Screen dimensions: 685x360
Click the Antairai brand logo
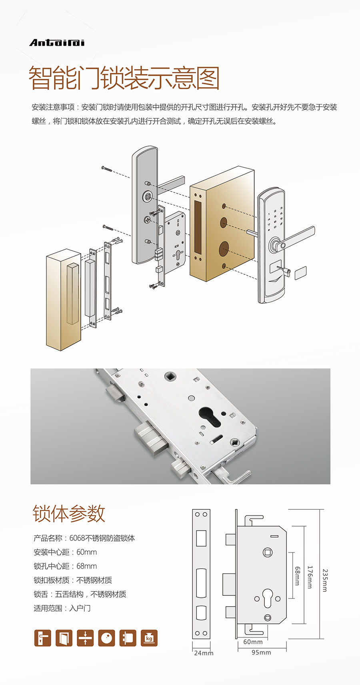[x=57, y=43]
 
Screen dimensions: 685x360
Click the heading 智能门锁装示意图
[x=124, y=78]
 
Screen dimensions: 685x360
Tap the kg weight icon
[x=149, y=638]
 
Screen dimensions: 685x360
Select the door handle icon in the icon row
[x=43, y=638]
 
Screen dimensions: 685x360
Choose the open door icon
[x=64, y=638]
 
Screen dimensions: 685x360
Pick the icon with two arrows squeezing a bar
[x=85, y=638]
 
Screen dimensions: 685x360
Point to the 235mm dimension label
[x=325, y=580]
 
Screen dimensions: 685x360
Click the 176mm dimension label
[x=310, y=577]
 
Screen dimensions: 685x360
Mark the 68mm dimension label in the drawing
[x=297, y=576]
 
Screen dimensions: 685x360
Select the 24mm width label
[x=204, y=653]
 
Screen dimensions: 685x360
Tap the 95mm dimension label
[x=261, y=653]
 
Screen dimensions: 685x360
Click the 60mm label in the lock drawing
[x=253, y=642]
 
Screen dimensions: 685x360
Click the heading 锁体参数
[x=69, y=514]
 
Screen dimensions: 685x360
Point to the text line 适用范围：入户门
[x=62, y=608]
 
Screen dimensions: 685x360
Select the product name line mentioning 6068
[x=84, y=538]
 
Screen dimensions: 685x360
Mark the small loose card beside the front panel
[x=300, y=273]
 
